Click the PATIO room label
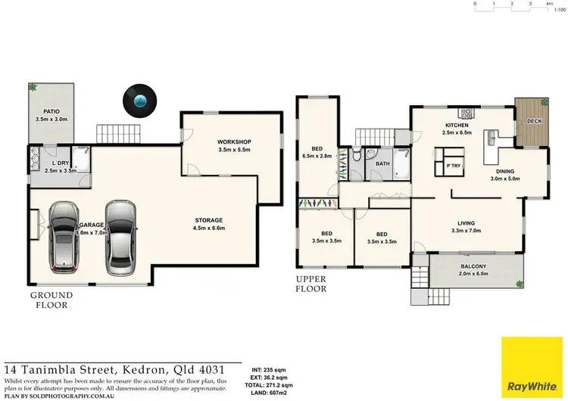coord(51,110)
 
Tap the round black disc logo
coord(139,100)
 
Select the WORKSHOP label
coord(233,141)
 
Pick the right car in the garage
coord(120,236)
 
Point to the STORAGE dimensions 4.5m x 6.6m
coord(208,227)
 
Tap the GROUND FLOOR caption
coord(51,300)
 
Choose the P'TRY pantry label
coord(454,165)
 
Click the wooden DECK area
coord(534,121)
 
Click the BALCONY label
coord(474,266)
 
